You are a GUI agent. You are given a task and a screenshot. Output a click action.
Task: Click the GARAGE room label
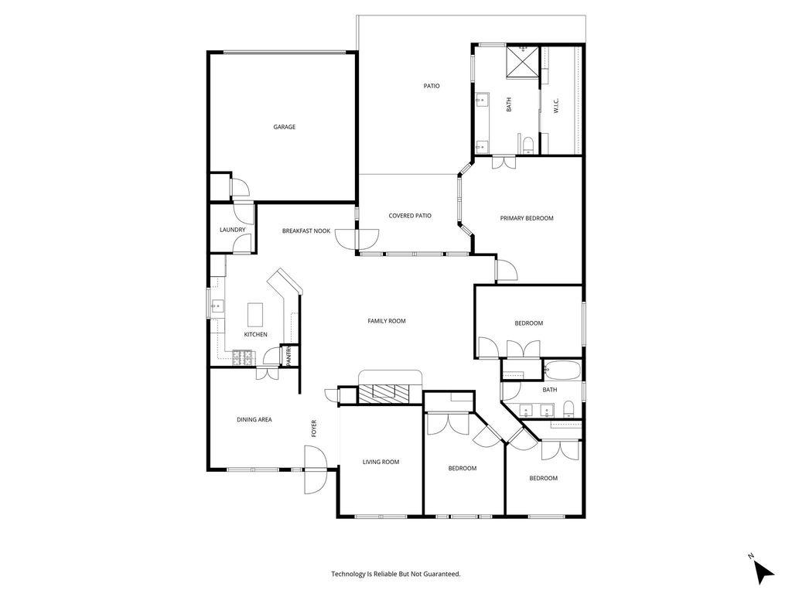pos(285,127)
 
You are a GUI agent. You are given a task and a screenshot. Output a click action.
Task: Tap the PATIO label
pos(432,86)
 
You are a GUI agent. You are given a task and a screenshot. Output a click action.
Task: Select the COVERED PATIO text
pos(410,216)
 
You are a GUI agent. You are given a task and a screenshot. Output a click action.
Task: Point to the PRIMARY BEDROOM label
pos(526,218)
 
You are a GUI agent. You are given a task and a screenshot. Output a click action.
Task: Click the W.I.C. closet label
pos(556,105)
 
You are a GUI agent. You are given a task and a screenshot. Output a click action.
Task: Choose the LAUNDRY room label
pos(232,230)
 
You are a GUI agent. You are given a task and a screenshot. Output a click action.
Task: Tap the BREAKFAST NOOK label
pos(306,230)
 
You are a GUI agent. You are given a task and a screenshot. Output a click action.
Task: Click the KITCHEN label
pos(255,334)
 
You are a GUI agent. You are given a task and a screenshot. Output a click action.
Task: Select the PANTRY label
pos(289,356)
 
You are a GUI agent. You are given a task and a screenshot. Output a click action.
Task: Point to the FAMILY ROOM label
pos(387,321)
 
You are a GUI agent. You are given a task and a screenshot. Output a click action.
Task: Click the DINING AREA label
pos(254,419)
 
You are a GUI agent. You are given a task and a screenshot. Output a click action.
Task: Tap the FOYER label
pos(314,428)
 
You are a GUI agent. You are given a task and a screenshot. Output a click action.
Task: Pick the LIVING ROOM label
pos(381,462)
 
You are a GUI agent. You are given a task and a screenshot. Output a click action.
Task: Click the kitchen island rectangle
pos(255,315)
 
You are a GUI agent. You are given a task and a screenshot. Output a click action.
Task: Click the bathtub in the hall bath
pos(562,370)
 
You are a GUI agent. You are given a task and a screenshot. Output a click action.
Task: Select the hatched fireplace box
pos(384,394)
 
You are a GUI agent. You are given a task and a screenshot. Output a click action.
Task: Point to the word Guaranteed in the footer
pos(443,574)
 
